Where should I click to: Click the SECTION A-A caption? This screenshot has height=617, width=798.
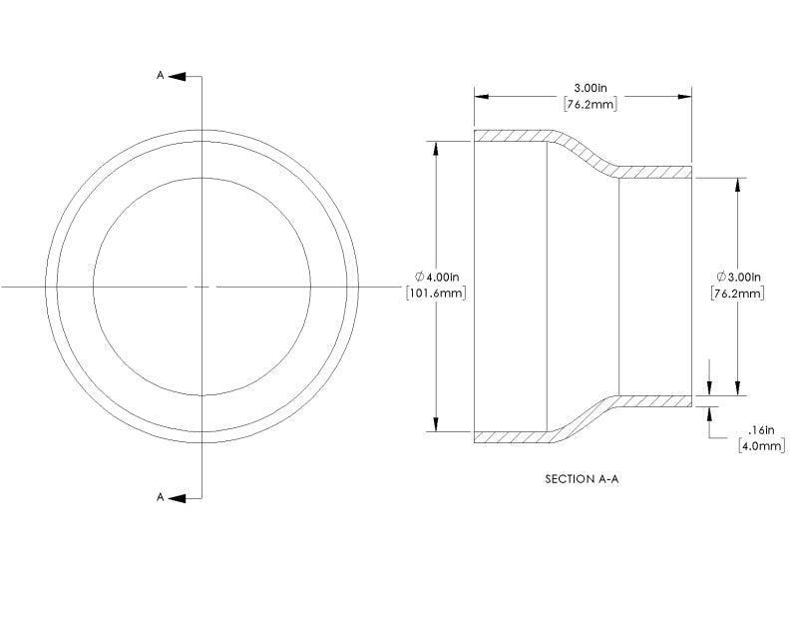point(583,479)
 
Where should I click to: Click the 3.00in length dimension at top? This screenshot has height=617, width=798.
point(584,87)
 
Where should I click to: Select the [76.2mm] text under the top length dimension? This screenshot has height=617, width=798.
point(584,103)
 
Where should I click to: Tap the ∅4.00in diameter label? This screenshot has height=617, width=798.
point(436,277)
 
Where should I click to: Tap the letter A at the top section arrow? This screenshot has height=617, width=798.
point(161,75)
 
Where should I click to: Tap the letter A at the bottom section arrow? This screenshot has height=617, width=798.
point(161,496)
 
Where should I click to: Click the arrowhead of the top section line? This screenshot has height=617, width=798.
point(176,75)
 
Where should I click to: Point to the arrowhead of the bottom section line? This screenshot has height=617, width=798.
point(176,496)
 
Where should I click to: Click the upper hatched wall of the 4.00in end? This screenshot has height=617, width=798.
point(509,136)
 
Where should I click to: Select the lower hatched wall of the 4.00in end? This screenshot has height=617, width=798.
point(509,436)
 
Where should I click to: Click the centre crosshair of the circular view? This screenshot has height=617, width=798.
point(202,287)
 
